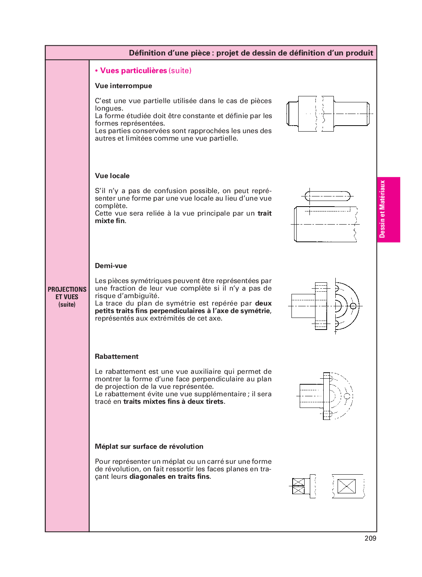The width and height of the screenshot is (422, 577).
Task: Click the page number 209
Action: [370, 538]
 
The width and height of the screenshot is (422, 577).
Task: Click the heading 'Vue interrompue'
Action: [123, 86]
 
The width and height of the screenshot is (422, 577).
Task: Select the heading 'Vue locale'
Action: [112, 176]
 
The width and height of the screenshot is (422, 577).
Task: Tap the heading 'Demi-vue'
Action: [111, 265]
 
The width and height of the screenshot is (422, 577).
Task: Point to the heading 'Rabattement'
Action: [117, 356]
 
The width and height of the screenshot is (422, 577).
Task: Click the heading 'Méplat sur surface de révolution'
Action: [149, 447]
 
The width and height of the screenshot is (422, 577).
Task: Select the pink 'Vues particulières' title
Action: [134, 70]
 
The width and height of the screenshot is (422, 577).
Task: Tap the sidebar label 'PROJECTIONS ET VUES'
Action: [67, 293]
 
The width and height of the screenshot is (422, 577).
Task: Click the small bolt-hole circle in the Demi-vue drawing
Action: [353, 306]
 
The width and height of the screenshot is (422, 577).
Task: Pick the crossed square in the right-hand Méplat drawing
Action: [347, 486]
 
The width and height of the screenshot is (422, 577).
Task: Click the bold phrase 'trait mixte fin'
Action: [183, 217]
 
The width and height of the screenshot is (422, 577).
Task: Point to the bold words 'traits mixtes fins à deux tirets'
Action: [173, 402]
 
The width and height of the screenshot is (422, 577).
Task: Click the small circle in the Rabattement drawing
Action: [347, 396]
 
